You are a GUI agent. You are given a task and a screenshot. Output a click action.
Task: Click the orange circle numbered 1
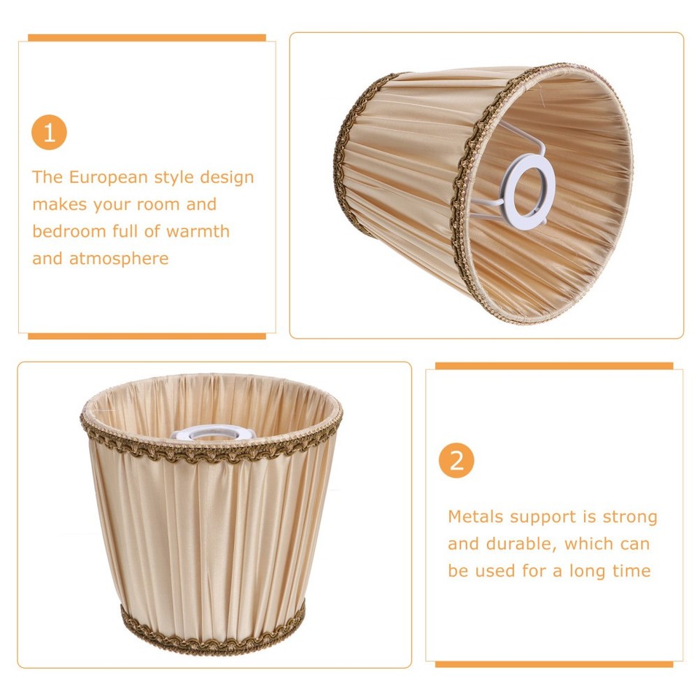[x=49, y=133]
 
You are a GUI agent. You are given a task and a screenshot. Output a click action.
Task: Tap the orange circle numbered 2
[x=456, y=461]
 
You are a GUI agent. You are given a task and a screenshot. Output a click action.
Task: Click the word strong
[x=629, y=517]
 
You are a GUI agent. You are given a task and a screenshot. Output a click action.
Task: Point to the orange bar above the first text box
[x=147, y=38]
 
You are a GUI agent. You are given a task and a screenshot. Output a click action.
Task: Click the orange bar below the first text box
[x=147, y=336]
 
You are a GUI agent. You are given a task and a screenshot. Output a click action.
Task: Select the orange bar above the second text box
[x=554, y=366]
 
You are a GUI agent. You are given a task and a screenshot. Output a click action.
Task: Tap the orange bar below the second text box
[x=554, y=664]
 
